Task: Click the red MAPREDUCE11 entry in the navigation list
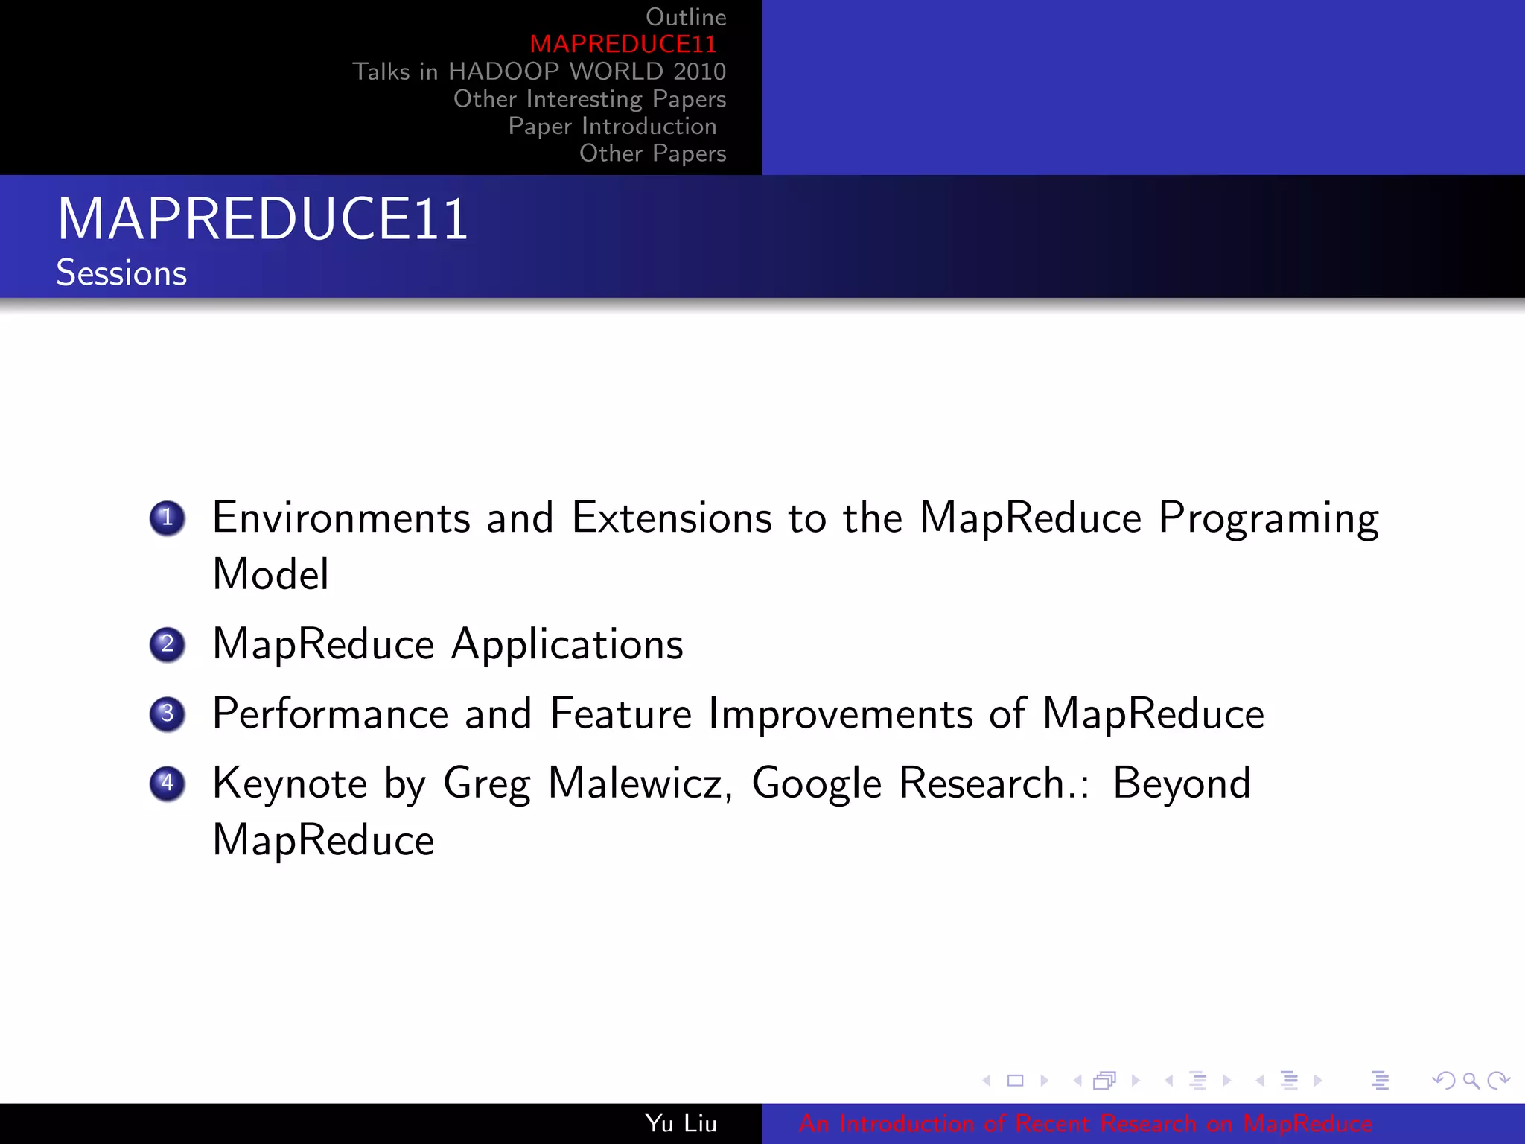[x=623, y=44]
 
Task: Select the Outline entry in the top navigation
[x=685, y=17]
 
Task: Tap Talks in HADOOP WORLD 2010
[x=539, y=71]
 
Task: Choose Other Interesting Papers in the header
[x=589, y=99]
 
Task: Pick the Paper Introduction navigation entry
[x=612, y=127]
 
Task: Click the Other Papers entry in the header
[x=652, y=153]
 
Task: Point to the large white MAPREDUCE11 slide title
[x=262, y=219]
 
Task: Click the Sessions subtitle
[x=121, y=273]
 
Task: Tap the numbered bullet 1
[x=167, y=518]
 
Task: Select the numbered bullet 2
[x=167, y=644]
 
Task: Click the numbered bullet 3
[x=167, y=714]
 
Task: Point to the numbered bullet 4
[x=167, y=783]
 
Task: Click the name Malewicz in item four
[x=640, y=784]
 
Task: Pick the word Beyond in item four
[x=1181, y=784]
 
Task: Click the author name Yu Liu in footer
[x=681, y=1123]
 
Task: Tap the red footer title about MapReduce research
[x=1085, y=1123]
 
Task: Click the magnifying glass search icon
[x=1471, y=1080]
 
